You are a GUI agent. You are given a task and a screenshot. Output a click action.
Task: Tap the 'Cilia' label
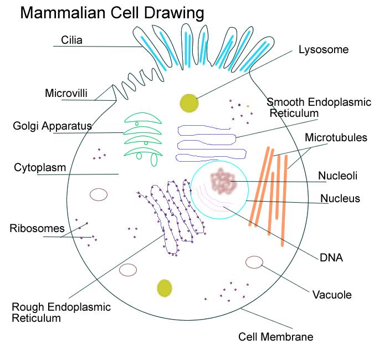pyautogui.click(x=71, y=40)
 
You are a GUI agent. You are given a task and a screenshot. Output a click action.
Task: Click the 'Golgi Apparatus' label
pyautogui.click(x=52, y=126)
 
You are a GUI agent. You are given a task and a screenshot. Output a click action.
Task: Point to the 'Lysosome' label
pyautogui.click(x=324, y=50)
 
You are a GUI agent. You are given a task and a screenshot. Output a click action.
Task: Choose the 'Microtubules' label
pyautogui.click(x=336, y=137)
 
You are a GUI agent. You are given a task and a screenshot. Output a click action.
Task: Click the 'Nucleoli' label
pyautogui.click(x=337, y=176)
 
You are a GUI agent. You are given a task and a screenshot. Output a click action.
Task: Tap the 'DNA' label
pyautogui.click(x=331, y=258)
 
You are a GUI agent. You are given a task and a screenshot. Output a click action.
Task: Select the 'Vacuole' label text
pyautogui.click(x=332, y=295)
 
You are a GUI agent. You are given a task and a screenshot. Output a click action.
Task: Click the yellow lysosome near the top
pyautogui.click(x=188, y=102)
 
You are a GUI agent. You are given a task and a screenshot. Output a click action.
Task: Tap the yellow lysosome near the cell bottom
pyautogui.click(x=165, y=288)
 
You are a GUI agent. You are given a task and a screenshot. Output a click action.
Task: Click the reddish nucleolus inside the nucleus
pyautogui.click(x=223, y=181)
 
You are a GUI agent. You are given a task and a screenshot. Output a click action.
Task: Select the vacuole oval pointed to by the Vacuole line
pyautogui.click(x=254, y=262)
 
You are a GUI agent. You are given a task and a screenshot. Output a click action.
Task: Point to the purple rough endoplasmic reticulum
pyautogui.click(x=172, y=216)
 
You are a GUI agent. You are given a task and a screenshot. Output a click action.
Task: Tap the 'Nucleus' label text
pyautogui.click(x=340, y=198)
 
